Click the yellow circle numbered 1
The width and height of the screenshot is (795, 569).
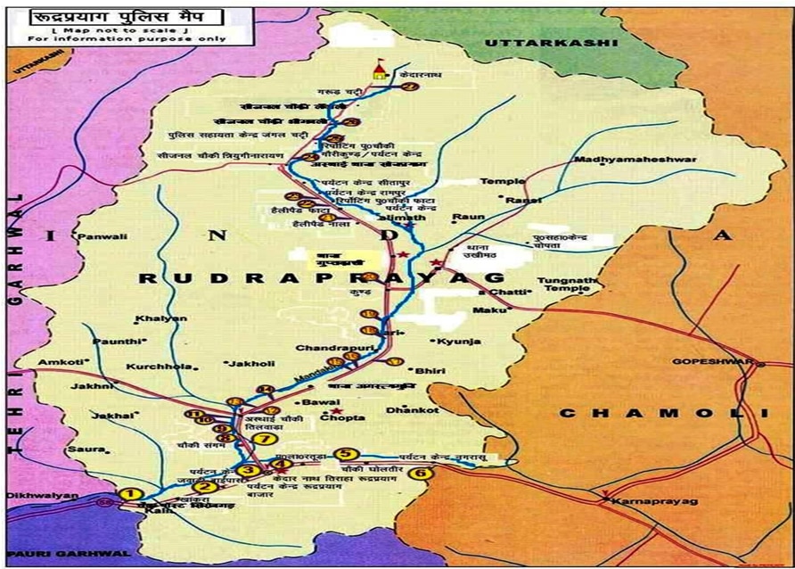[131, 494]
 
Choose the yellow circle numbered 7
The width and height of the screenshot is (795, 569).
[259, 438]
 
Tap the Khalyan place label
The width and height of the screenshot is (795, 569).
[150, 319]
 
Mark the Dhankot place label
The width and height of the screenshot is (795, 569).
[412, 410]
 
